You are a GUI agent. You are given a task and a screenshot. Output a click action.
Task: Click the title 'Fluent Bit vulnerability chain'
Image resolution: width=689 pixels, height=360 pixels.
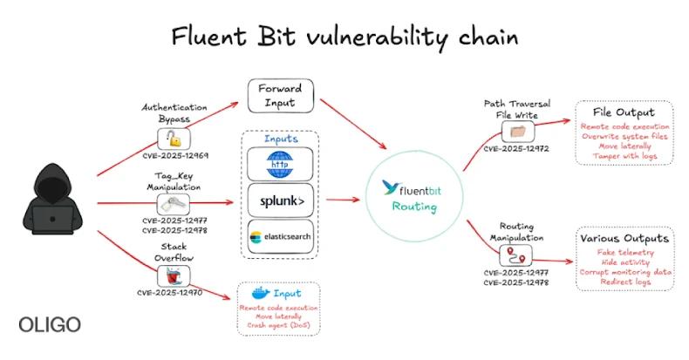(344, 37)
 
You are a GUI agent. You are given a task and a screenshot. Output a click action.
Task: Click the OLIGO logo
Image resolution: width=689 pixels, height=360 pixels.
(50, 325)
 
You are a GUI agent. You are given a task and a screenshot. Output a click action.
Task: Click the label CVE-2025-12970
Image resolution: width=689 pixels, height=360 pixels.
(175, 293)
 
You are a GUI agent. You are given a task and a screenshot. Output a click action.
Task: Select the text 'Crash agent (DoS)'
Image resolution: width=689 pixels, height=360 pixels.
(278, 325)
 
